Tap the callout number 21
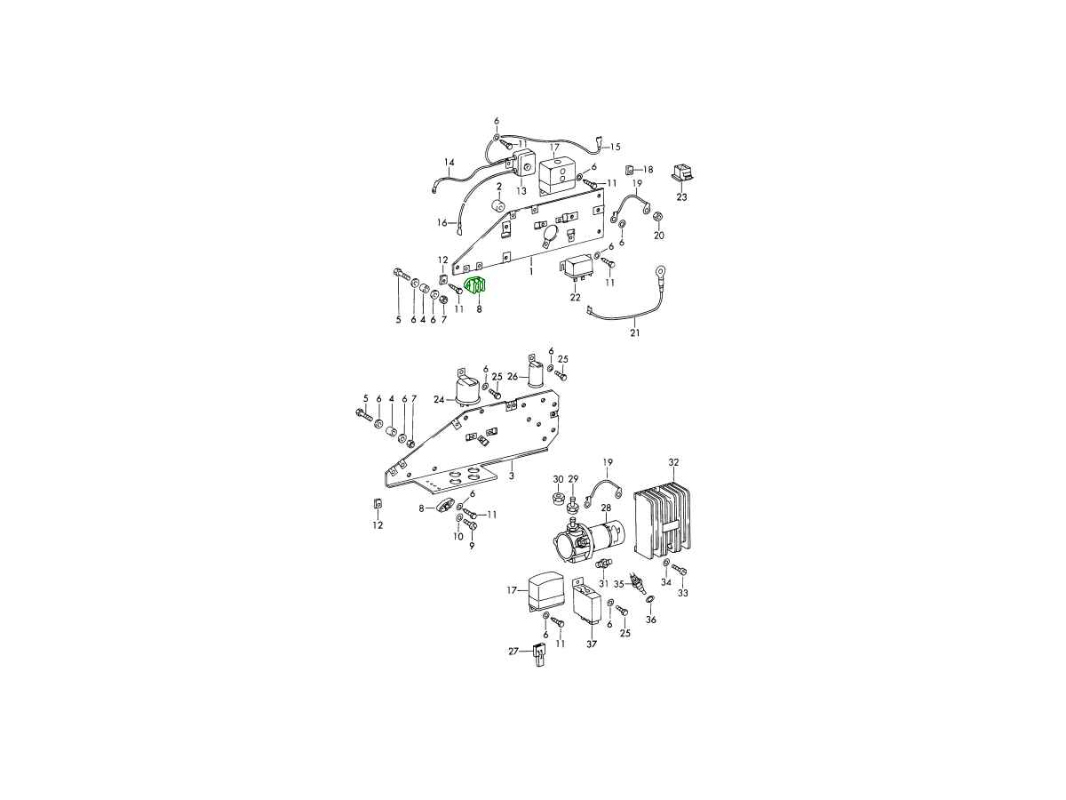click(635, 333)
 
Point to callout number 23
click(682, 197)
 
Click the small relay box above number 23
click(682, 174)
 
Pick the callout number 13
click(521, 191)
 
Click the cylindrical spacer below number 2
click(498, 205)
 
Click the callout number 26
click(513, 376)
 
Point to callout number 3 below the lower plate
click(512, 476)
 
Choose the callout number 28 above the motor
click(606, 508)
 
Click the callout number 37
click(592, 644)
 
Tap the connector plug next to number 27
click(538, 654)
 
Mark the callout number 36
click(651, 620)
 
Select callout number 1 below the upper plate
click(531, 271)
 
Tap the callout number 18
click(648, 170)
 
